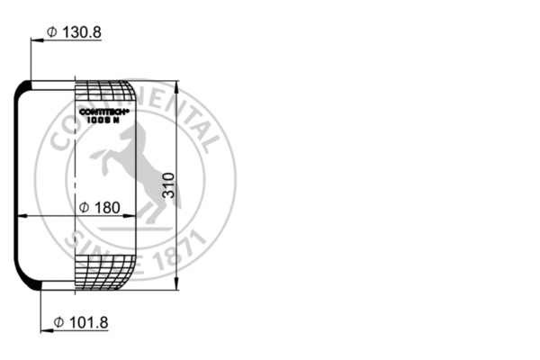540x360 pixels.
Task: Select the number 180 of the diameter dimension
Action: (x=107, y=208)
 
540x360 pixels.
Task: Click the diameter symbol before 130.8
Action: (x=52, y=32)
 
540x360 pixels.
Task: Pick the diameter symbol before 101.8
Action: (x=57, y=322)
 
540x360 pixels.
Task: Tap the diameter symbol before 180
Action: (x=83, y=208)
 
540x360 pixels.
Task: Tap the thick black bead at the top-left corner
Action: (x=27, y=85)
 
